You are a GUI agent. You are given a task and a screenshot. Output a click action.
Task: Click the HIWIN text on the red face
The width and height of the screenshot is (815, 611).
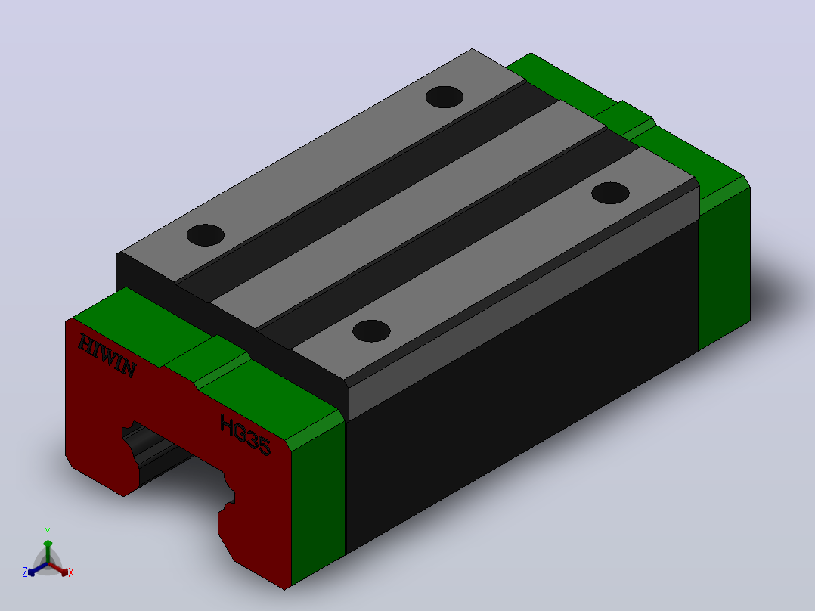[107, 356]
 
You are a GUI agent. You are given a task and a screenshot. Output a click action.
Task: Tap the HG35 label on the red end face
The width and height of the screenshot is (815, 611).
[245, 436]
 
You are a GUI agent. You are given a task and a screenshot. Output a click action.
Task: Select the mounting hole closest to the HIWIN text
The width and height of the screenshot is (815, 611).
[206, 235]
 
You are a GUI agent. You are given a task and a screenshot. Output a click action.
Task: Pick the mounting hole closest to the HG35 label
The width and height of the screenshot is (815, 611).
[371, 331]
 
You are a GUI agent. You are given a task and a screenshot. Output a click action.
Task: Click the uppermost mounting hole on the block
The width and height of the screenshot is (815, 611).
[445, 98]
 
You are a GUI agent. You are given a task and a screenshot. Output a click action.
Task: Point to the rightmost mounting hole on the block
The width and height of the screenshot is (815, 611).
[611, 193]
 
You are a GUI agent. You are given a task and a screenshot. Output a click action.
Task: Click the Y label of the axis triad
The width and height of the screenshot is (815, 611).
[48, 532]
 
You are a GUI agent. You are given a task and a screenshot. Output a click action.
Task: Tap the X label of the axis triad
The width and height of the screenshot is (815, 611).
[71, 572]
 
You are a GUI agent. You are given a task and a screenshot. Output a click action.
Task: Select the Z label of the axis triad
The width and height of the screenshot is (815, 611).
[24, 572]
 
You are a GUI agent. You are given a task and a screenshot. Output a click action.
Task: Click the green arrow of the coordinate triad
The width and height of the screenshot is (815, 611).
[48, 551]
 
